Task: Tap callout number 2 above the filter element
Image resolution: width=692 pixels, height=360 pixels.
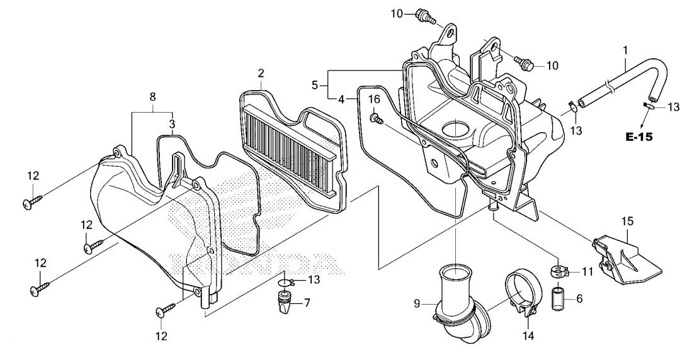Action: [261, 74]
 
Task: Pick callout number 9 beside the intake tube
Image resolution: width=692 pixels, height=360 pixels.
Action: [416, 303]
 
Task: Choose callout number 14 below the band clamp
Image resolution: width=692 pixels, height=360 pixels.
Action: [528, 336]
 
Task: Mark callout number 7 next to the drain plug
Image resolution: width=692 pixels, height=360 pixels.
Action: [307, 303]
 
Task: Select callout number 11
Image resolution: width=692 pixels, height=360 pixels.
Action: [588, 272]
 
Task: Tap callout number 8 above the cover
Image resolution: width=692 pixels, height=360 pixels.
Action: [152, 97]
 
